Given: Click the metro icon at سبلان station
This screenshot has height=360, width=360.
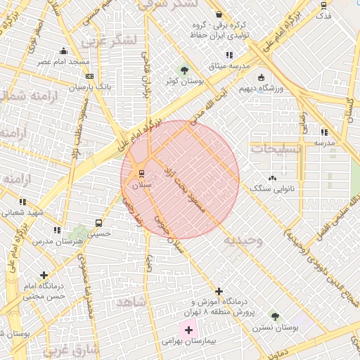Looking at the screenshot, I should coord(141,173).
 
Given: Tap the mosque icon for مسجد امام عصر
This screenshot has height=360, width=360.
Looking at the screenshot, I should coord(64,51).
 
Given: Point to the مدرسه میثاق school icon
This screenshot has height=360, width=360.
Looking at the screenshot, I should coord(229,55).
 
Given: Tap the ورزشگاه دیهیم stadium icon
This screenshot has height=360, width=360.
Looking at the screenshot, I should coord(262,77).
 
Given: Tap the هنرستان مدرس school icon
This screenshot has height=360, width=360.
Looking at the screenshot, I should coord(56,229).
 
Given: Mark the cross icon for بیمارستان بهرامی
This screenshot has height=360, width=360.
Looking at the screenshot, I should coord(188,329).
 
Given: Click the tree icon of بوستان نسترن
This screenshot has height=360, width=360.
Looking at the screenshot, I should coord(275,316).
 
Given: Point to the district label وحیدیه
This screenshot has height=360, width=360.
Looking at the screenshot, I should coord(243,240).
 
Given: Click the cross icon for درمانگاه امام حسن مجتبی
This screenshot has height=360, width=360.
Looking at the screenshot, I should coord(44,275).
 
